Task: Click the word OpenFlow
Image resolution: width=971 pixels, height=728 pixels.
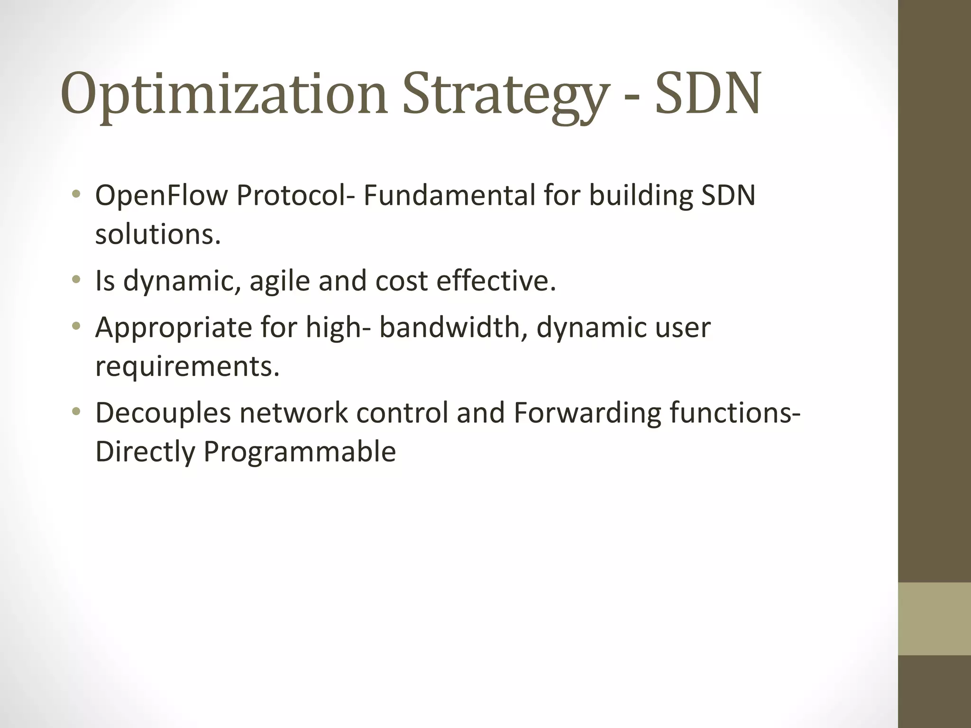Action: pyautogui.click(x=161, y=195)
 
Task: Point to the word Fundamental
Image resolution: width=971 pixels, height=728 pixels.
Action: pyautogui.click(x=449, y=195)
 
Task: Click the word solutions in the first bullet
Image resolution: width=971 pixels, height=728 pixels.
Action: pyautogui.click(x=157, y=234)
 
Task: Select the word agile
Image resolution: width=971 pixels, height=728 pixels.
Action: pyautogui.click(x=279, y=281)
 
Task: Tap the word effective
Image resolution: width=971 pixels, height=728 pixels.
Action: pyautogui.click(x=495, y=281)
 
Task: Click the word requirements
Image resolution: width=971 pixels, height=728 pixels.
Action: pyautogui.click(x=187, y=366)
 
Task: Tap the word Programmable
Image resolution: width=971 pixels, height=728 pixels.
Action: pyautogui.click(x=299, y=451)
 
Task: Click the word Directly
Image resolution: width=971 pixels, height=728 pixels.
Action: pyautogui.click(x=145, y=451)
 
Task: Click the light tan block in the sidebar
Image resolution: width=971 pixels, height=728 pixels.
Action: pyautogui.click(x=934, y=619)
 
